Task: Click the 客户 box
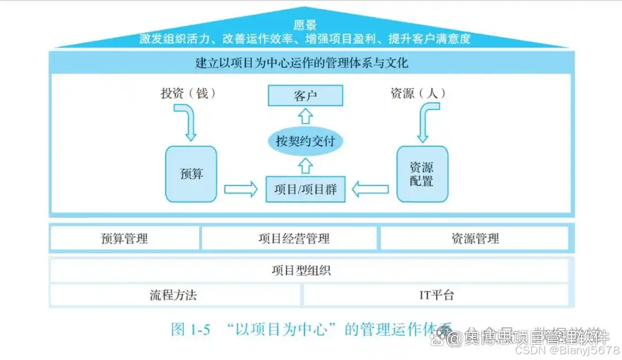(305, 96)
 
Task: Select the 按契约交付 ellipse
(305, 141)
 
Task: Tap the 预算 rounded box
(191, 173)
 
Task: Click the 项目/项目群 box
(305, 190)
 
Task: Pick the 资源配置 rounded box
(422, 173)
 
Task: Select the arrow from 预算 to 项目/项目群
(241, 190)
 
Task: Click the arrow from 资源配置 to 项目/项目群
(370, 190)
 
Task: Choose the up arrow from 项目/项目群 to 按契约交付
(306, 166)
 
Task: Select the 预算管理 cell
(124, 238)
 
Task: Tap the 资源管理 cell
(475, 238)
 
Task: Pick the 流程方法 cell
(173, 295)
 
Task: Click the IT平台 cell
(437, 295)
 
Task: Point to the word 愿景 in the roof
(305, 25)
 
